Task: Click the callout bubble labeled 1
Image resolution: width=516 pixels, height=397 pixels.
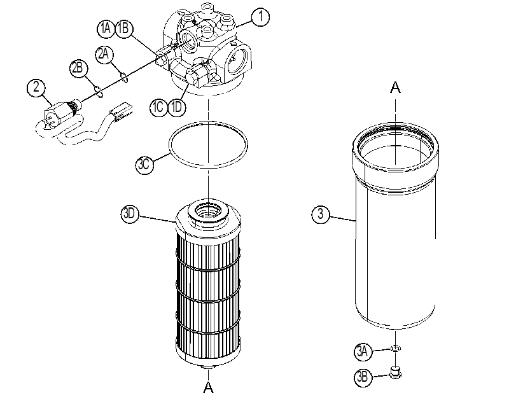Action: (260, 17)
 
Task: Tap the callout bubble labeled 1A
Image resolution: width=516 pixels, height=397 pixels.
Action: (106, 29)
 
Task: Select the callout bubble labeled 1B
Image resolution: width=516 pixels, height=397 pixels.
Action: (123, 29)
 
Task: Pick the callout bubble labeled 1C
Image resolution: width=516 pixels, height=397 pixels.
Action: (158, 107)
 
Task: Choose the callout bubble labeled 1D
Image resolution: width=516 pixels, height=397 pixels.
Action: (177, 107)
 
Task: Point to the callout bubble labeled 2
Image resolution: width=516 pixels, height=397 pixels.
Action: (36, 87)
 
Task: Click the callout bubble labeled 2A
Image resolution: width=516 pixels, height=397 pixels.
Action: (104, 54)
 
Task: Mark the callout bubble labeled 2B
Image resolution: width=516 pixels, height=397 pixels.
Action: (78, 69)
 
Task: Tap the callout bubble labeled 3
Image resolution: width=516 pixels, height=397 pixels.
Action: (321, 214)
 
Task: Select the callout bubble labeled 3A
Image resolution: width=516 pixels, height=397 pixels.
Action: (363, 352)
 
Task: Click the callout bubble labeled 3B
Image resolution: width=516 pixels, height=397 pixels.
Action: (363, 377)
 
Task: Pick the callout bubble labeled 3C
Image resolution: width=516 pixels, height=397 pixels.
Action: (144, 165)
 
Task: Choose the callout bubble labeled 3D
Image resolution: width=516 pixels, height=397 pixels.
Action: (130, 214)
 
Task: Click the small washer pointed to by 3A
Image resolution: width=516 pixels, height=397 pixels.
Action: (395, 348)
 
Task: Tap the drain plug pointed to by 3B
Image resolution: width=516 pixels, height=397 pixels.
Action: (395, 372)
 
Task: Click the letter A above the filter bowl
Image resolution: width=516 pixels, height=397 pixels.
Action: (395, 87)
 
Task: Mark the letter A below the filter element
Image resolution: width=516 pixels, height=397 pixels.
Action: (208, 387)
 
